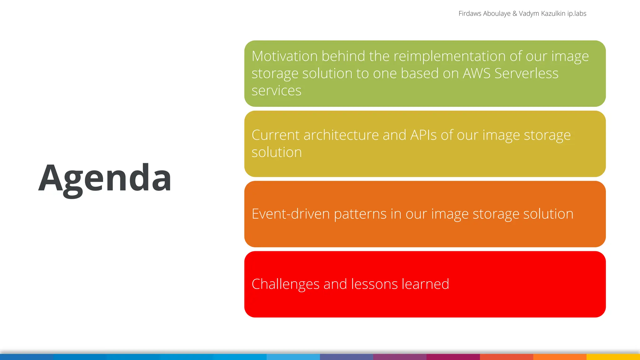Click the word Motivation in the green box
(x=284, y=57)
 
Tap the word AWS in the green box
(x=476, y=74)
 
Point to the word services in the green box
(x=276, y=91)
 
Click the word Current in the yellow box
(x=276, y=135)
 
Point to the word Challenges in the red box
(x=285, y=284)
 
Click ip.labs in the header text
(x=577, y=14)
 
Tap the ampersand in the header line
(x=515, y=14)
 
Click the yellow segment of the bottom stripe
(x=613, y=357)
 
